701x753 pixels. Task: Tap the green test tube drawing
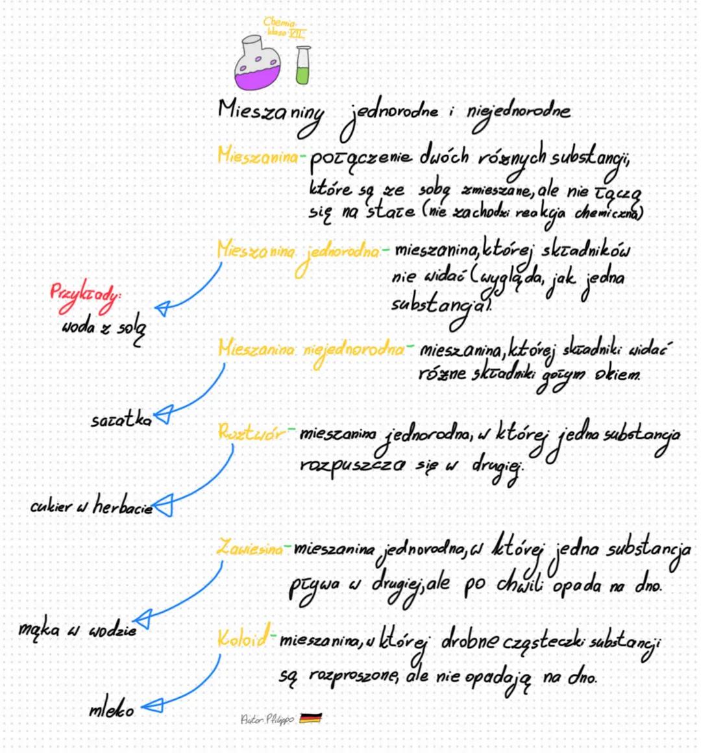click(302, 66)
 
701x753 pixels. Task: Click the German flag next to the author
click(311, 718)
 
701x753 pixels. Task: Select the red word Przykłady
click(86, 294)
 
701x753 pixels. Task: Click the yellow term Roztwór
click(251, 432)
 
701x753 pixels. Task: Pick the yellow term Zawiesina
click(249, 549)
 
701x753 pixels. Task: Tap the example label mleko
click(111, 710)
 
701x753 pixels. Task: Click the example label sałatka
click(121, 420)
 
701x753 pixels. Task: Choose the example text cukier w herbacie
click(91, 506)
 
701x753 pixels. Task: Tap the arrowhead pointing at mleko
click(151, 706)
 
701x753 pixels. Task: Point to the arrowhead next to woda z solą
click(162, 307)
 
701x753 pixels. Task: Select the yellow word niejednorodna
click(354, 351)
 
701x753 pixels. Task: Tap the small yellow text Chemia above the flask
click(280, 23)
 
